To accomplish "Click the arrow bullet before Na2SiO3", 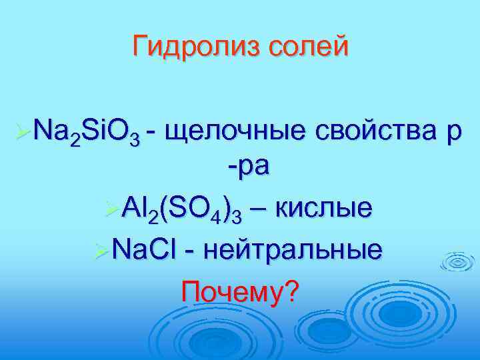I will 21,124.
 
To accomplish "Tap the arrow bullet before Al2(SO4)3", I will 113,209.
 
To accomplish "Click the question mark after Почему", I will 291,291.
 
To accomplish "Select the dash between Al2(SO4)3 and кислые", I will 261,209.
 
